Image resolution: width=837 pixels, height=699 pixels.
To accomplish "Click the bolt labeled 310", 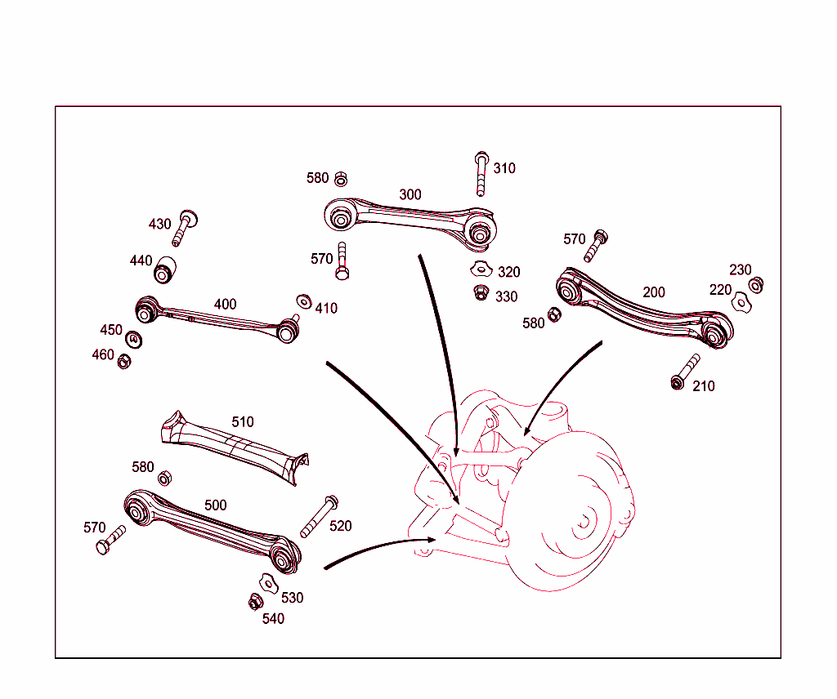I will (481, 172).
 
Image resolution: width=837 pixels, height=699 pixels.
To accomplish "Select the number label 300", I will (410, 194).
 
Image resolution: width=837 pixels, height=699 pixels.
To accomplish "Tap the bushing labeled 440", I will (166, 269).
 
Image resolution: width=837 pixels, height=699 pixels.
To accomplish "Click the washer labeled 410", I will (304, 301).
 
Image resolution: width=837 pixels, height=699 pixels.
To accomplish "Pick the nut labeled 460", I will (124, 360).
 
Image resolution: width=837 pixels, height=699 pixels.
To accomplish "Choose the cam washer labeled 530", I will (267, 582).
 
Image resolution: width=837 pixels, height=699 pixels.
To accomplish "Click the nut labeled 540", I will (254, 603).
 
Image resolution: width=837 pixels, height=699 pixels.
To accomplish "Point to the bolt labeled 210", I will (685, 372).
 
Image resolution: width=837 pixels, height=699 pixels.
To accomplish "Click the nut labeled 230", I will (757, 285).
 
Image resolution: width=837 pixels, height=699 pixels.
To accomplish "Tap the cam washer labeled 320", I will (481, 269).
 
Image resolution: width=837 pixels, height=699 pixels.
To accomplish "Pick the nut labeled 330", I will (481, 292).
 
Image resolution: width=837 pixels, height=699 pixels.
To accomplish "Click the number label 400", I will (225, 305).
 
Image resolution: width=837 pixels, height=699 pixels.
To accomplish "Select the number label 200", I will (654, 292).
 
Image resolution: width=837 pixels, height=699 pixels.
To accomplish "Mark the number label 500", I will (216, 505).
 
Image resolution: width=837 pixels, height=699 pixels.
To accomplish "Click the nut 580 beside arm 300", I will (342, 179).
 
